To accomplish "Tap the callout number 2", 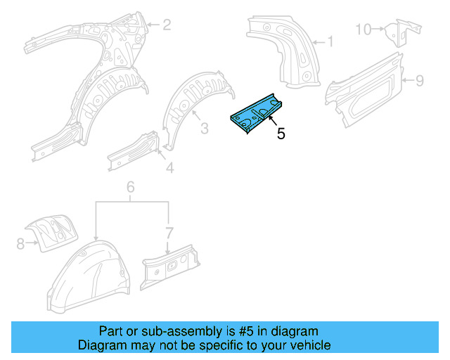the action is tap(167, 26).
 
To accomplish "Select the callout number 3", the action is tap(204, 128).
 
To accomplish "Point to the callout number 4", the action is tap(169, 167).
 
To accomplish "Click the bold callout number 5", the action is tap(281, 134).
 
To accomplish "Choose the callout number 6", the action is tap(130, 187).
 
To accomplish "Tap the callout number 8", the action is tap(20, 244).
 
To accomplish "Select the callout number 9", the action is tap(419, 81).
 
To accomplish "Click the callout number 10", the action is tap(363, 29).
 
